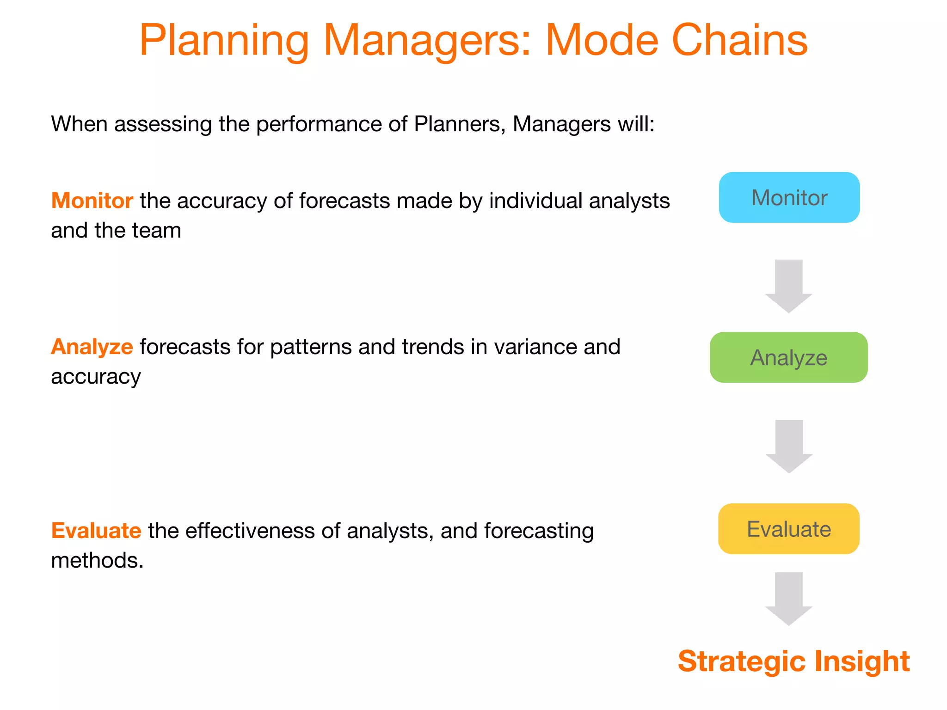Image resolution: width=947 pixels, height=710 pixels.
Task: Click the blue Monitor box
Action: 789,197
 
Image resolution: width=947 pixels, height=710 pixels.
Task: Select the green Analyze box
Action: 788,357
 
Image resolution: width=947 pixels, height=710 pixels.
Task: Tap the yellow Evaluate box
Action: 788,529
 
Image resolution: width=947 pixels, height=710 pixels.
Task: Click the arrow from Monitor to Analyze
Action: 788,285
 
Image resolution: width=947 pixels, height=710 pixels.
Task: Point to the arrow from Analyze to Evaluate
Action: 789,446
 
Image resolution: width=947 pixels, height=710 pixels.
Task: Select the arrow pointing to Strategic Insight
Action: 788,598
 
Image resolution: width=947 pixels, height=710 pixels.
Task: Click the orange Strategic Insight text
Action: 793,661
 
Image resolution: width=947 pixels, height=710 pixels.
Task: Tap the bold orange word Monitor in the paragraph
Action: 92,201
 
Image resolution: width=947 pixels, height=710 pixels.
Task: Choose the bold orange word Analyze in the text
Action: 92,347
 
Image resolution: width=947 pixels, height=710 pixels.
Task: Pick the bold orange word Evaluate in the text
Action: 96,530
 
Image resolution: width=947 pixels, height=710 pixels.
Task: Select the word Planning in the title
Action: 224,41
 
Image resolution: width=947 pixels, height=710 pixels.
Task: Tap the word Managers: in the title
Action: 428,41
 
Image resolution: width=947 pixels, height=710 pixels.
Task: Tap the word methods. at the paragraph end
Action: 97,560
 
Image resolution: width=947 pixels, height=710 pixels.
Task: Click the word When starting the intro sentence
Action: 79,124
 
